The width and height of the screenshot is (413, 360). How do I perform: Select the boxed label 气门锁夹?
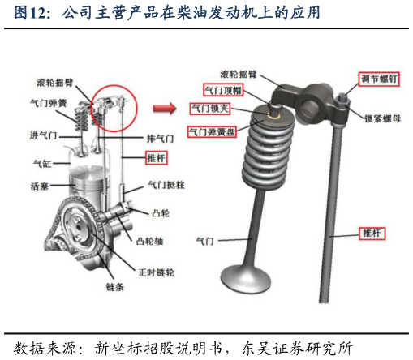[x=208, y=108]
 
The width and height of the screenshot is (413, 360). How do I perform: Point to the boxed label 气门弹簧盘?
[x=212, y=131]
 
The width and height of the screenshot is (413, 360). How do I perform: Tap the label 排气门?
[x=159, y=138]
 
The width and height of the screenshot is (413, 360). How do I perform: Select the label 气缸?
[x=41, y=163]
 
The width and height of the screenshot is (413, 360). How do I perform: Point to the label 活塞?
[x=41, y=187]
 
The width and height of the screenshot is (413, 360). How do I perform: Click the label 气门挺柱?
[x=166, y=186]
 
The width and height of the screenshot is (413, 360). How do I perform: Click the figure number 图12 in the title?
[x=33, y=13]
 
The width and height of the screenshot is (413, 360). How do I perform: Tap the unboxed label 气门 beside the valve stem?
[x=205, y=241]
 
